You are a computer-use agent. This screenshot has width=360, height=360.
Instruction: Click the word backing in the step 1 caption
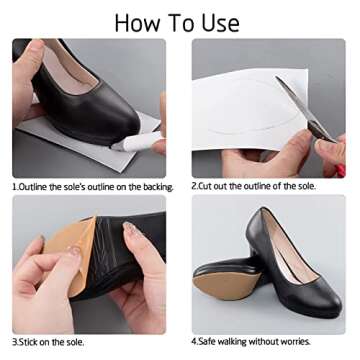(x=151, y=187)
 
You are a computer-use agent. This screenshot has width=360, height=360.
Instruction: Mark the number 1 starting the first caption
(x=15, y=187)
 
